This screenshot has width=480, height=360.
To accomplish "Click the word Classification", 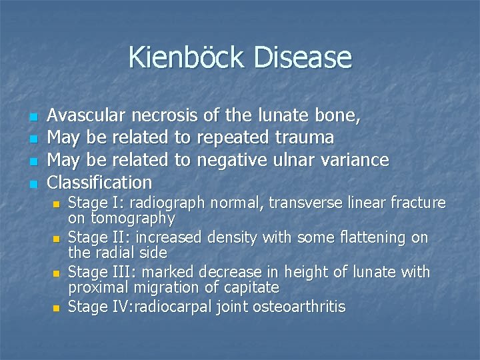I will pyautogui.click(x=100, y=182).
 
